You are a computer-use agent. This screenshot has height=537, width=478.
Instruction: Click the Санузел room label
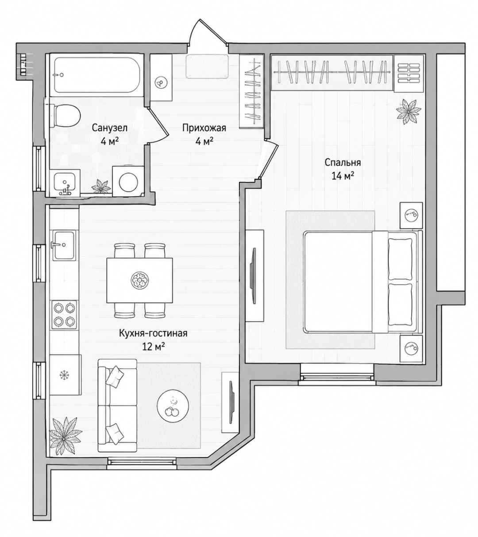[x=110, y=128]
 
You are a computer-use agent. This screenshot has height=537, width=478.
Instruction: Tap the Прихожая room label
[x=204, y=128]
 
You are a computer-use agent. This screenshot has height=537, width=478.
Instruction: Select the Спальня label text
[x=343, y=163]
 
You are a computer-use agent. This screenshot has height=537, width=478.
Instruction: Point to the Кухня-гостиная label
[x=153, y=333]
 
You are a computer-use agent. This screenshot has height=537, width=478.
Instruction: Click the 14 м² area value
[x=343, y=175]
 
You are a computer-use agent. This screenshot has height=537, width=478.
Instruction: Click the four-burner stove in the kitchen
[x=64, y=315]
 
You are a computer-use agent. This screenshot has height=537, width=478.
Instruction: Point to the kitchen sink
[x=64, y=245]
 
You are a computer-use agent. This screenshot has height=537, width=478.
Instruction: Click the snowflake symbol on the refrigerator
[x=64, y=375]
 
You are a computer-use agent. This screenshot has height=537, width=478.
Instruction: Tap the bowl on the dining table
[x=140, y=280]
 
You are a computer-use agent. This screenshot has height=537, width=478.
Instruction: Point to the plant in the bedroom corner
[x=408, y=111]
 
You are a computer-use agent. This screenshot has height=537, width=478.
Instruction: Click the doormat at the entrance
[x=207, y=66]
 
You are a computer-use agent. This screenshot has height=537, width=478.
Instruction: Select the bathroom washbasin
[x=66, y=183]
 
